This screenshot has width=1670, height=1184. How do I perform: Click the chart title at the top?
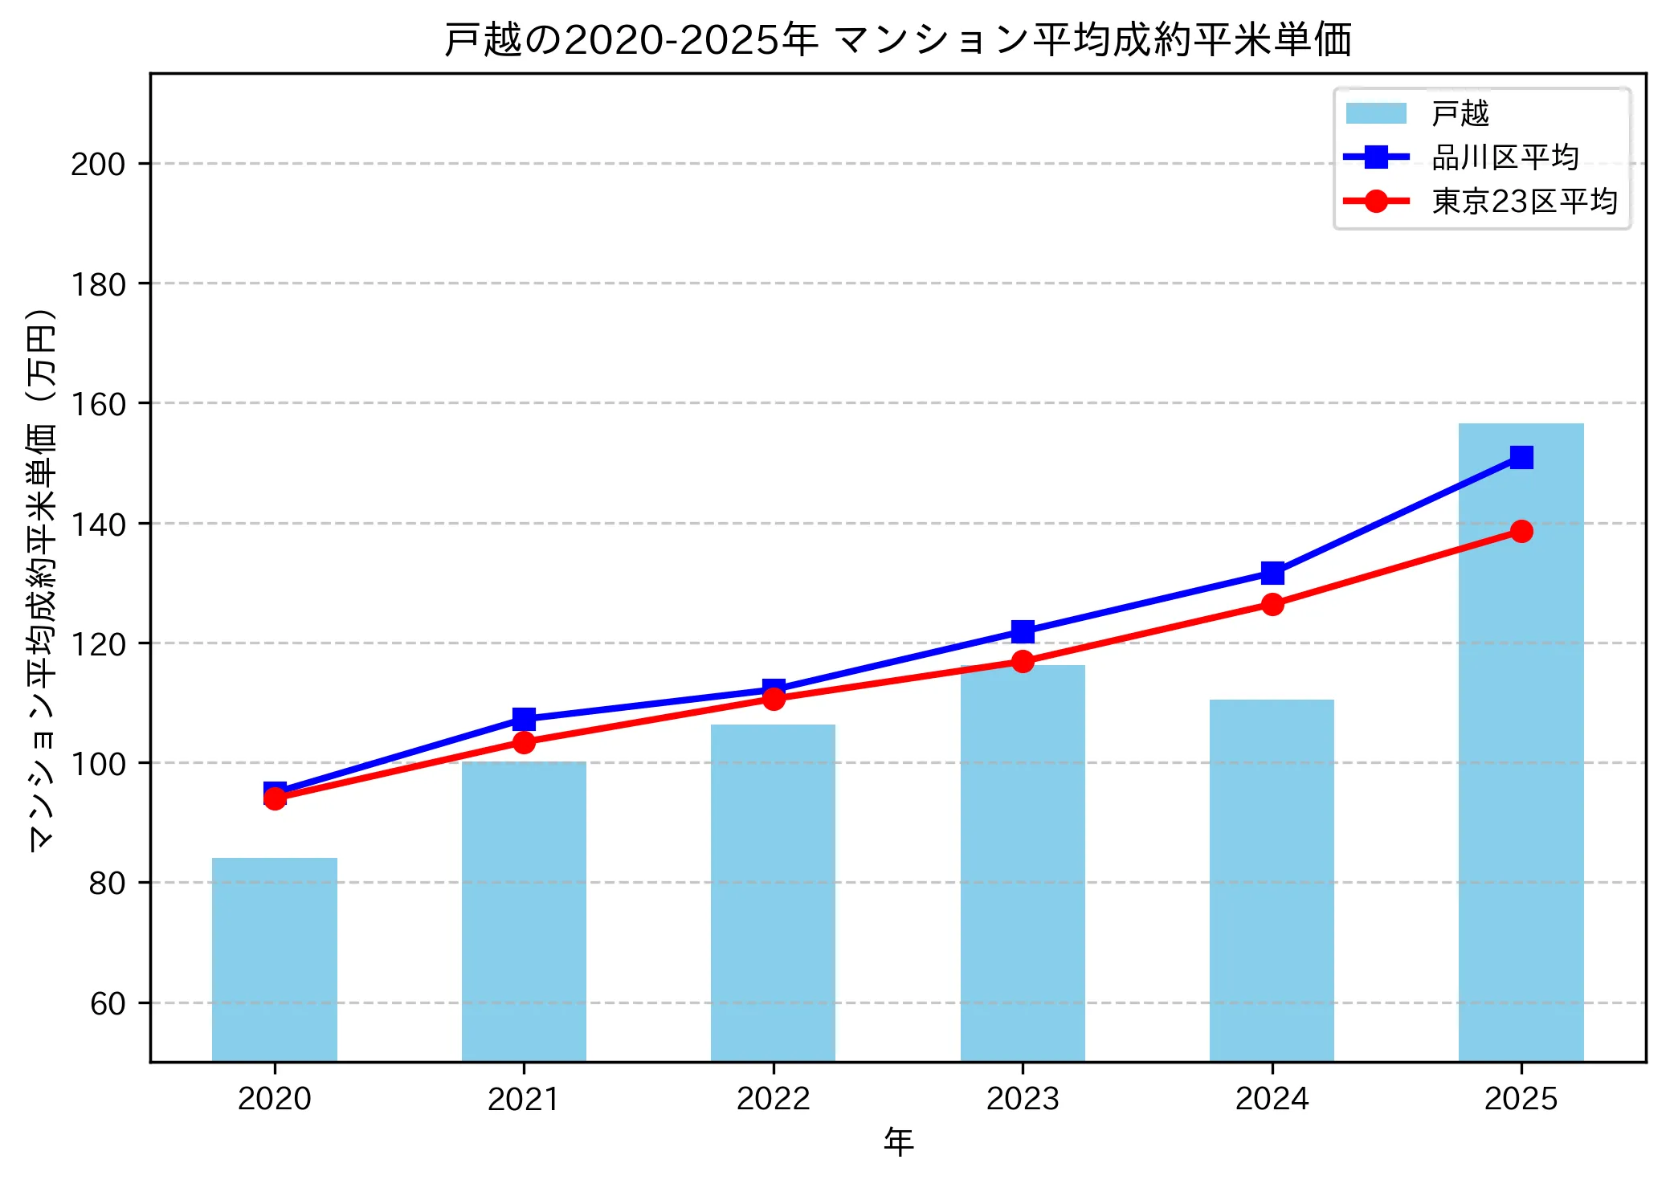coord(898,40)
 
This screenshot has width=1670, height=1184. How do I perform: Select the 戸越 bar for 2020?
coord(275,959)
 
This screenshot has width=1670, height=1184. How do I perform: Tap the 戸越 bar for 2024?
coord(1272,880)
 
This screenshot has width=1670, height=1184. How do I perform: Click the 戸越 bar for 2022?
coord(773,892)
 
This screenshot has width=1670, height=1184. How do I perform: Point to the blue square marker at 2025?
coord(1521,457)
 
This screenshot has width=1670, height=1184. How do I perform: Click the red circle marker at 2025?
coord(1521,531)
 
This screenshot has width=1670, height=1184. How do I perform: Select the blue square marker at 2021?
coord(524,718)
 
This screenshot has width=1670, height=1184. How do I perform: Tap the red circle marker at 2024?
coord(1272,604)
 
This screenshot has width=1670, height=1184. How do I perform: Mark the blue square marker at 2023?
coord(1023,631)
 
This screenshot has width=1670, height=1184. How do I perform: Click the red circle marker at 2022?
coord(773,699)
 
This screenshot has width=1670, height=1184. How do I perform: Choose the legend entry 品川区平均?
coord(1505,157)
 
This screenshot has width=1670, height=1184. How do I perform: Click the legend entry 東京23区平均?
coord(1524,202)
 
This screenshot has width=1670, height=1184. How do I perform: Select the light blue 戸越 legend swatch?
coord(1376,113)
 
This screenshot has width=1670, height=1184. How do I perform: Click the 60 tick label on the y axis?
coord(108,1004)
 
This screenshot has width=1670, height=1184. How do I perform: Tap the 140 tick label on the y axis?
coord(98,525)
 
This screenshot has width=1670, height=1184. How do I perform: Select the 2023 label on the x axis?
coord(1023,1099)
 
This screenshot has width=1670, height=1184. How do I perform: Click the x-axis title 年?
coord(898,1142)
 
